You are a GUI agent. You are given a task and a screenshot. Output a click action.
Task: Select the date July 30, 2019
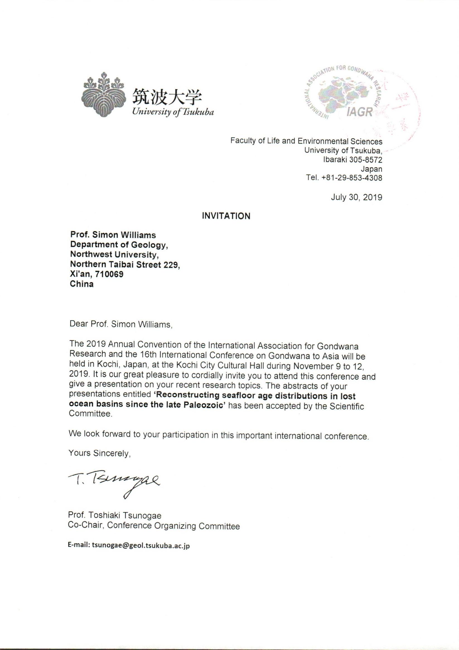(x=356, y=197)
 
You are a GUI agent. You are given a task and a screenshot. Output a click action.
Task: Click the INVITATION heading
(x=226, y=216)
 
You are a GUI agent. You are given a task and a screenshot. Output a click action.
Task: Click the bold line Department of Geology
(x=119, y=245)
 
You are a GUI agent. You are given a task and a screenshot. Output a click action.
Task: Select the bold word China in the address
(x=82, y=284)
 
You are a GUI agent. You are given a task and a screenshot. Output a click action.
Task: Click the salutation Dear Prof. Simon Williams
(x=121, y=324)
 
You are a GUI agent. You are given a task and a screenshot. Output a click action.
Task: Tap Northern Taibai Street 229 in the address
(x=125, y=265)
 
